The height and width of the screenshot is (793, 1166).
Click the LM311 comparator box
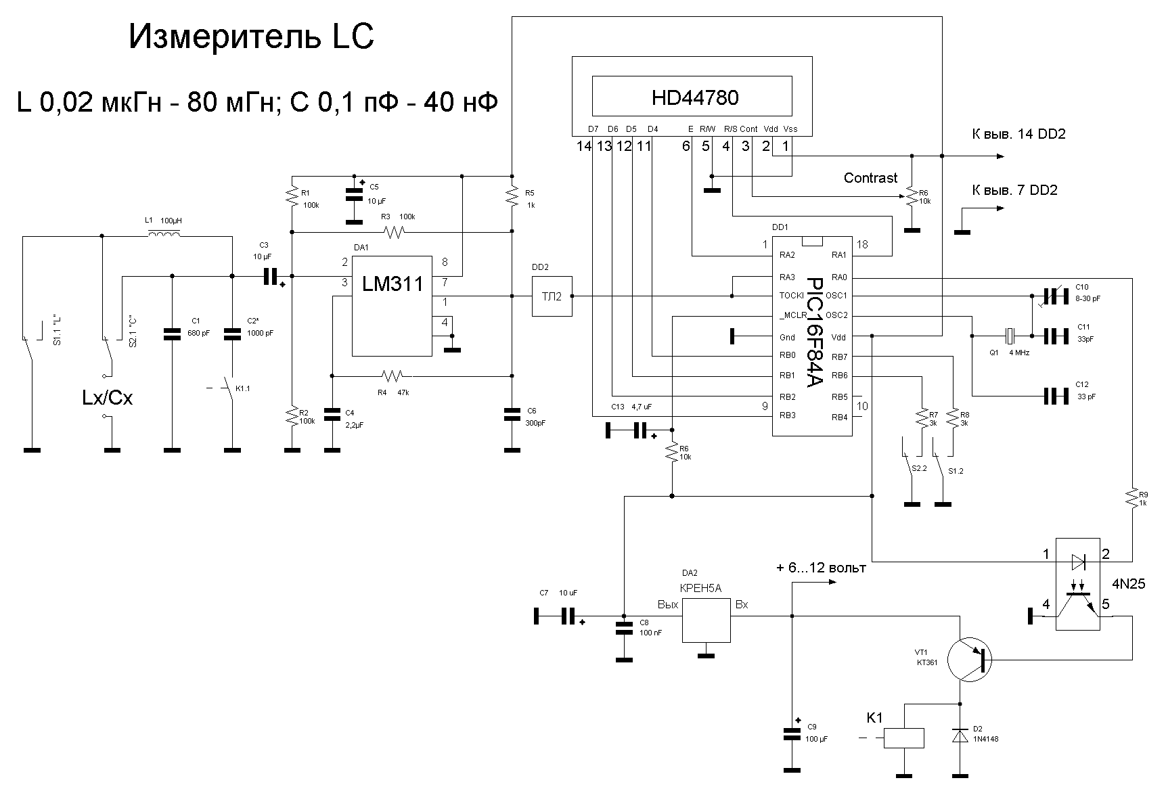click(x=392, y=305)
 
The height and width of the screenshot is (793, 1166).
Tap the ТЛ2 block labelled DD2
click(x=552, y=296)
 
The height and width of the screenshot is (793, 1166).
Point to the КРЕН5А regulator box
click(x=706, y=620)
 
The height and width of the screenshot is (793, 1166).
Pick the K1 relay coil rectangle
click(x=904, y=738)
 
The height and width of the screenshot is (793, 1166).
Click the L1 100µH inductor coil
click(x=164, y=234)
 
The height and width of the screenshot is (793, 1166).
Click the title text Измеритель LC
click(x=251, y=38)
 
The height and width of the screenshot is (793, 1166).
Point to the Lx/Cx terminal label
click(x=107, y=398)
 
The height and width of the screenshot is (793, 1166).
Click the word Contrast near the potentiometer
click(x=870, y=178)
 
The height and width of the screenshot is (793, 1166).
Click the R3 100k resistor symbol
click(x=393, y=233)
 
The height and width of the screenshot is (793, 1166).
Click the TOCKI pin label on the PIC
click(x=790, y=296)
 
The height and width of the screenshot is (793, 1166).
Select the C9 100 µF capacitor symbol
click(x=791, y=733)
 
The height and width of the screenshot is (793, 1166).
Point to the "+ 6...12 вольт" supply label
click(x=821, y=568)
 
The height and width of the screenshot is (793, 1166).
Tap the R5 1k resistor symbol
click(x=512, y=196)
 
